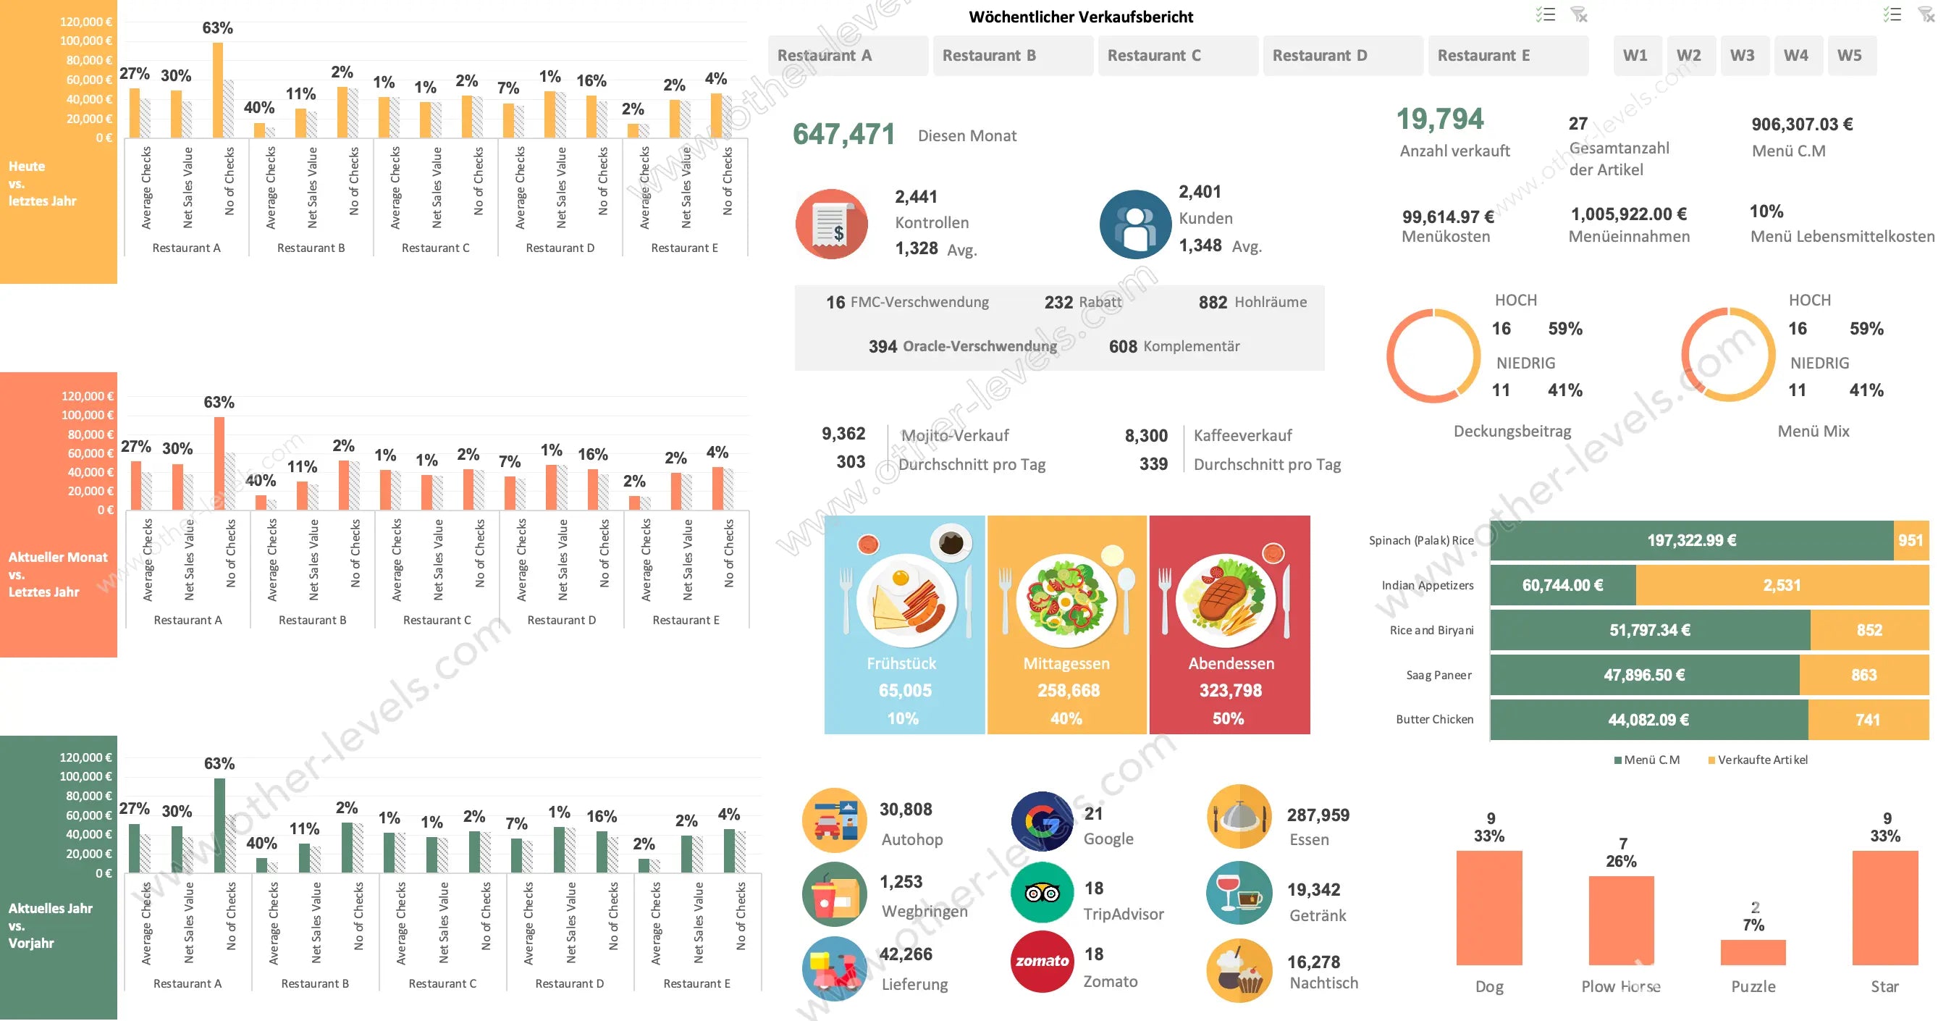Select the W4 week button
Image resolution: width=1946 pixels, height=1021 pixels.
(x=1795, y=55)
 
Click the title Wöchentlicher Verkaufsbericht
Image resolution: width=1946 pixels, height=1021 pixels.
(x=1080, y=17)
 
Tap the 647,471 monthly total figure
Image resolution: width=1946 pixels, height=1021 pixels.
(x=843, y=135)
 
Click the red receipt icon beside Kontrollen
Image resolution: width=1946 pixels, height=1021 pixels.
(x=831, y=224)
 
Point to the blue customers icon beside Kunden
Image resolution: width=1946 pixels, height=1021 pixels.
(x=1134, y=224)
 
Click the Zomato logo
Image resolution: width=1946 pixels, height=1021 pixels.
(x=1042, y=962)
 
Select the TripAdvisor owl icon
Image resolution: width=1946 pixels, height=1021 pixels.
(x=1042, y=894)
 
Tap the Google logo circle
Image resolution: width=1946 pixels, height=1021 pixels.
(x=1042, y=821)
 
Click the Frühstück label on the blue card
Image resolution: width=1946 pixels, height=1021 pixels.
(x=901, y=663)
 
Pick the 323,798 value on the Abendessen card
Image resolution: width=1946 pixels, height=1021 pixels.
(x=1230, y=690)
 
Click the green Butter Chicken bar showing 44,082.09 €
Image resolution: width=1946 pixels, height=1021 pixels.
(x=1648, y=720)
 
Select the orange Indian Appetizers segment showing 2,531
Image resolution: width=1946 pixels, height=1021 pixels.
(x=1782, y=586)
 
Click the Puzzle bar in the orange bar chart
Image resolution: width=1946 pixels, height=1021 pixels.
(x=1753, y=952)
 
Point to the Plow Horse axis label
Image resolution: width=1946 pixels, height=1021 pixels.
(x=1620, y=986)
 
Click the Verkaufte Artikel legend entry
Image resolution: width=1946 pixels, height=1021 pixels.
(x=1761, y=760)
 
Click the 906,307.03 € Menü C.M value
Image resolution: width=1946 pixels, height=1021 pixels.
(x=1802, y=125)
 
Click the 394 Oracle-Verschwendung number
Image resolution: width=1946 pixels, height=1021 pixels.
(x=883, y=347)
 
